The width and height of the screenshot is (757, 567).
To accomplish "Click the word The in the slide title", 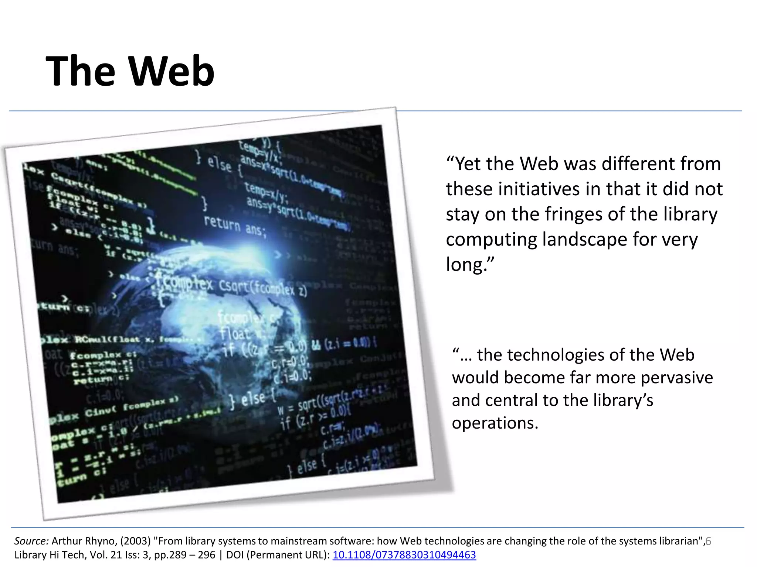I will (81, 71).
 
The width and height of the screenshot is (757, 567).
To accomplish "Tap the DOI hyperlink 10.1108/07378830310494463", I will (404, 555).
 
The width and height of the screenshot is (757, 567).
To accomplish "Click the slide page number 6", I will (708, 541).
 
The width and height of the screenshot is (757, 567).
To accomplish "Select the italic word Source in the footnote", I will (31, 541).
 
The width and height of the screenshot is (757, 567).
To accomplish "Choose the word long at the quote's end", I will (466, 265).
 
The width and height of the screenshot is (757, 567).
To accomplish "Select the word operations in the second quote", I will (495, 423).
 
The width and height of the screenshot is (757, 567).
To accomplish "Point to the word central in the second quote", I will (511, 400).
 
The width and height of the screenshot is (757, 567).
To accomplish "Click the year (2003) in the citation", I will (135, 541).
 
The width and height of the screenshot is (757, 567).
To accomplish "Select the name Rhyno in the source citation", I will (101, 541).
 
